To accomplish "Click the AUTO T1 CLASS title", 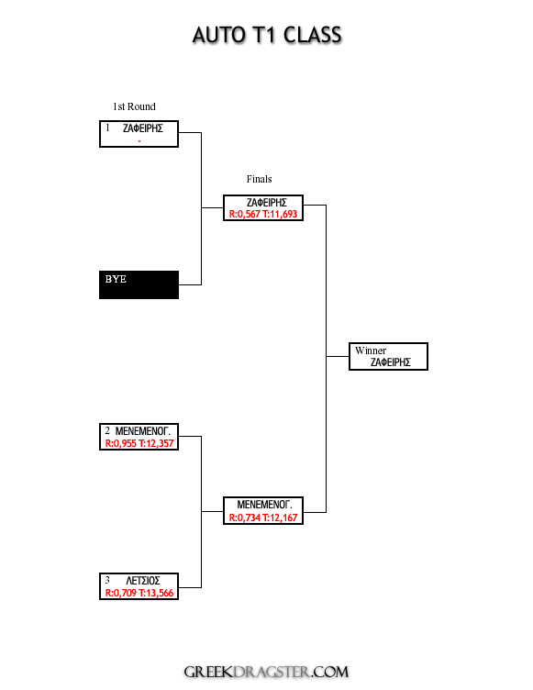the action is tap(267, 35).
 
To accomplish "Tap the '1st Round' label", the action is tap(134, 106).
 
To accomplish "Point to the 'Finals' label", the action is tap(260, 179).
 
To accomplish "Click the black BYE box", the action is tap(139, 284).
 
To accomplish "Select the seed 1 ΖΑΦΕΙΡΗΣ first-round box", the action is tap(139, 134).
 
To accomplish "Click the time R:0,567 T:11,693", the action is tap(263, 215).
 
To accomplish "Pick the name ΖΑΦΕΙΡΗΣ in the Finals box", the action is tap(267, 203).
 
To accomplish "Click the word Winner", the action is tap(371, 351).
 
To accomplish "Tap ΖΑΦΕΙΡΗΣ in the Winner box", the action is tap(391, 362).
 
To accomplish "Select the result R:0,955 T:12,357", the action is tap(139, 443).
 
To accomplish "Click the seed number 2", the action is tap(107, 430).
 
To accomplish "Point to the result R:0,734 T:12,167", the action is tap(263, 517).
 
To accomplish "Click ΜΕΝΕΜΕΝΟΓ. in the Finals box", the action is tap(264, 505).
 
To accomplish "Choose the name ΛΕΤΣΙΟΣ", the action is tap(143, 581).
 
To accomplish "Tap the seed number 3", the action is tap(107, 581).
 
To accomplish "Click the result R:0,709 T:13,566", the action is tap(139, 593).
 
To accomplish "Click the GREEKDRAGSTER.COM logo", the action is tap(266, 672).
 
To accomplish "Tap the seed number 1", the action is tap(107, 128).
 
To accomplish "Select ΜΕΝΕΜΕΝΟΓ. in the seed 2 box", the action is tap(142, 431).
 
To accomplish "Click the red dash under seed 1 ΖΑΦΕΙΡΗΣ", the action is tap(139, 141).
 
